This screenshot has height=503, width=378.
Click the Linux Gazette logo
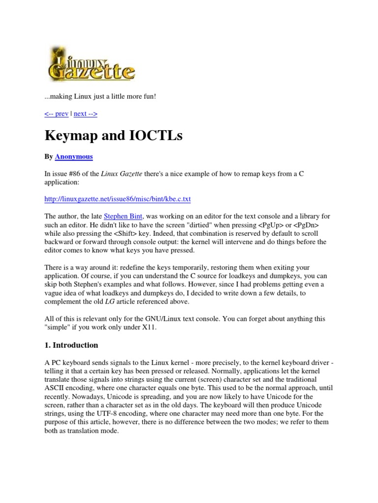click(91, 64)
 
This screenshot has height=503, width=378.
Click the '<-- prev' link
click(57, 113)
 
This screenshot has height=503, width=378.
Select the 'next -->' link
click(86, 113)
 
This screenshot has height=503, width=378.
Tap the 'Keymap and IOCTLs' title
click(114, 136)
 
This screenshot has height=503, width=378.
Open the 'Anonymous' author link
click(74, 157)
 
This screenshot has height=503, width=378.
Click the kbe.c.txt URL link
click(118, 199)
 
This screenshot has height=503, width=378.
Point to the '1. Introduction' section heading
click(71, 345)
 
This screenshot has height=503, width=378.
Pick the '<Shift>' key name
click(143, 233)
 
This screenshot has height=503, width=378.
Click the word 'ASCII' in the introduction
click(56, 389)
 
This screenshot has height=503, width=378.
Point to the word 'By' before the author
click(49, 157)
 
